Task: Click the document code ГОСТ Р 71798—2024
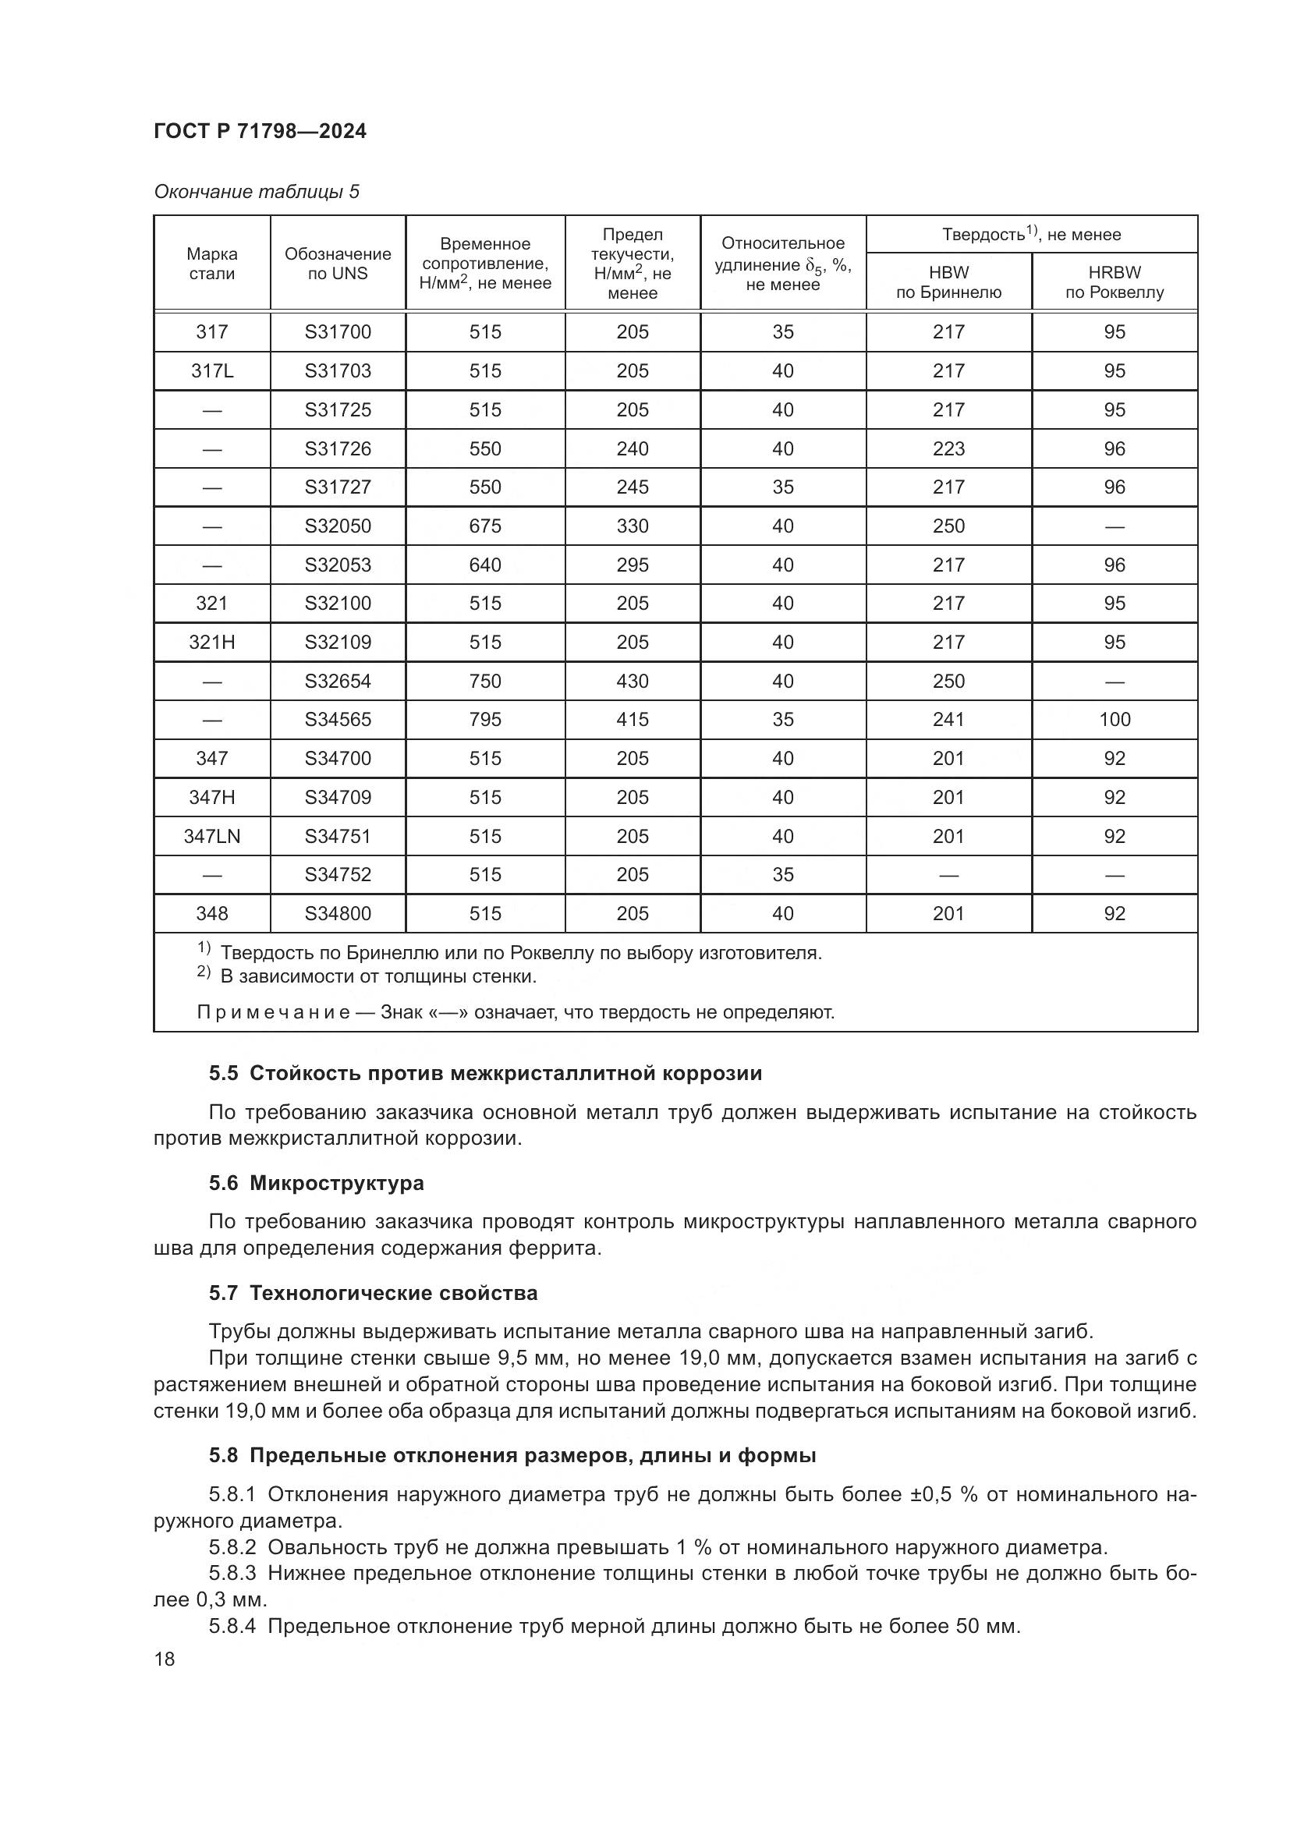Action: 260,131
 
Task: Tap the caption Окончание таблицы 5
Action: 256,193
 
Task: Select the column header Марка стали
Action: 211,264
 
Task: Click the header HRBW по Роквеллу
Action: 1114,282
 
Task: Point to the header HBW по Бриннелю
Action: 948,282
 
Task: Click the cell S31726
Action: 338,449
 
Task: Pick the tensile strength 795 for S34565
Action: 484,720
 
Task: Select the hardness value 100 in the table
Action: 1114,720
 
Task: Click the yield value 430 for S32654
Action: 632,681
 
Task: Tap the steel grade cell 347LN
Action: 211,837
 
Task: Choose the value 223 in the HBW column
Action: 948,449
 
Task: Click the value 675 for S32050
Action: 484,526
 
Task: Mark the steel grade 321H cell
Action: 211,642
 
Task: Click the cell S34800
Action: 338,914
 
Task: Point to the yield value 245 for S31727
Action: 632,487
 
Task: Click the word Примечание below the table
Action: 272,1013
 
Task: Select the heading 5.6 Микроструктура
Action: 315,1183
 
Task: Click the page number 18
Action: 165,1659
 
